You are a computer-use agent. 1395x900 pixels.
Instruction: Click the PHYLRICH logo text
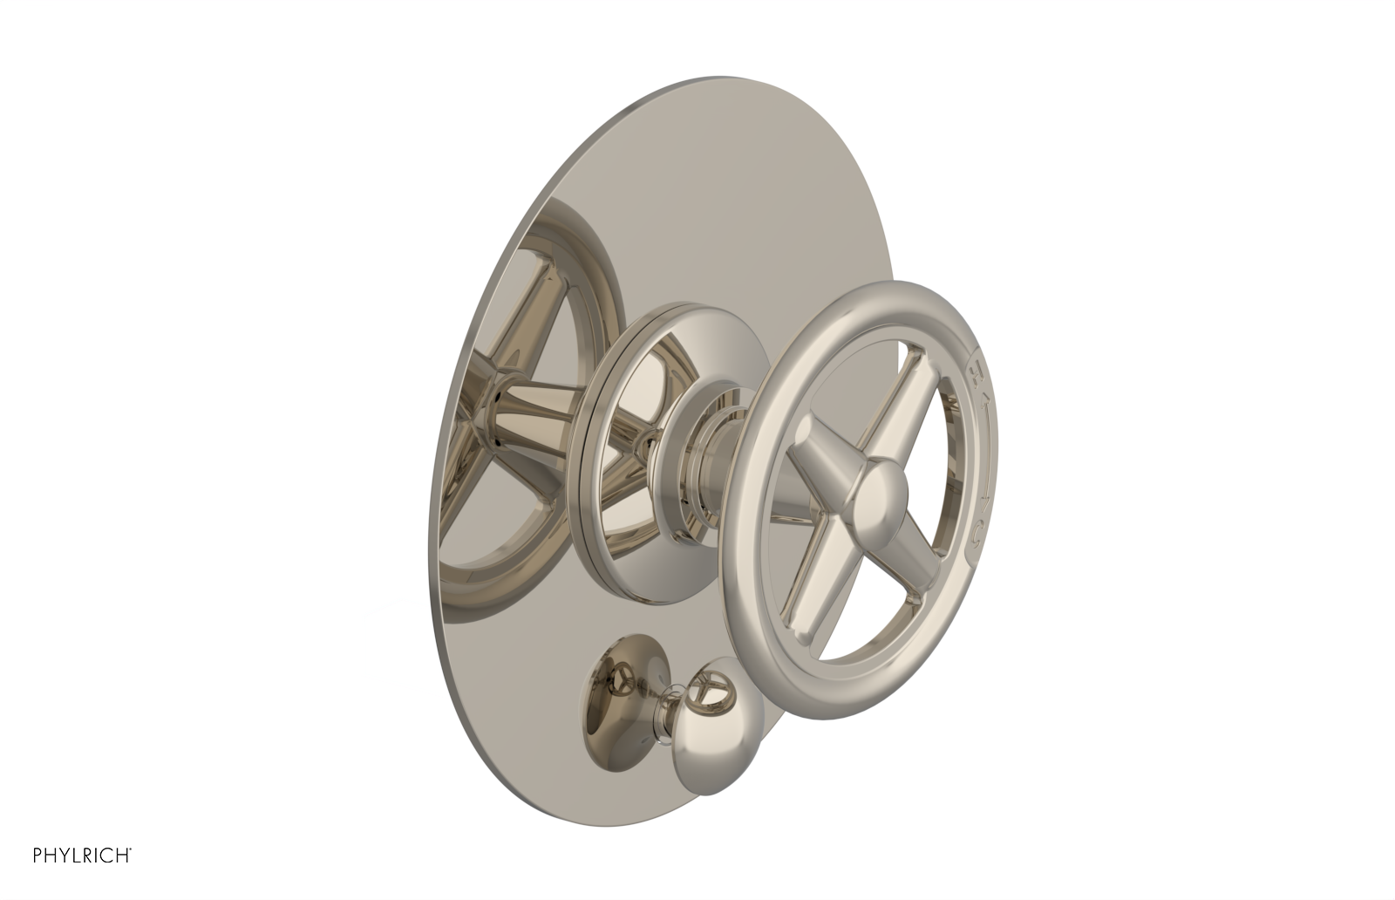[81, 878]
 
